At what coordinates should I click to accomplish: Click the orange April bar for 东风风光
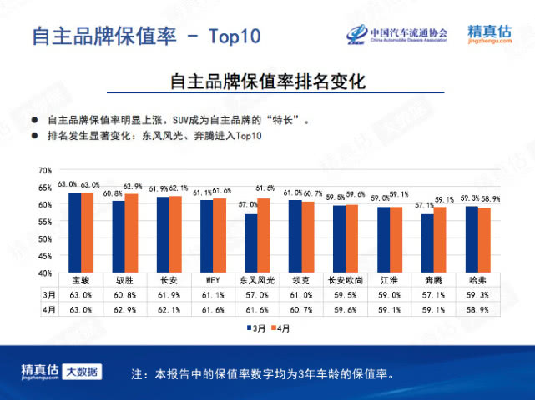coord(265,235)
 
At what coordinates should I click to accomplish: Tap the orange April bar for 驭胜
coord(131,232)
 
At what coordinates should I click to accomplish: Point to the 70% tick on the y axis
coord(45,170)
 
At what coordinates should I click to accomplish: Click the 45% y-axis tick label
coord(45,256)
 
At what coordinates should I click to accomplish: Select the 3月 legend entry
coord(254,328)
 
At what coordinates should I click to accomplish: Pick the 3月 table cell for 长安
coord(169,294)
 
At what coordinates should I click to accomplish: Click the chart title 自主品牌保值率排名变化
coord(267,82)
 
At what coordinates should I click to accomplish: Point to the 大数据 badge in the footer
coord(82,371)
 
